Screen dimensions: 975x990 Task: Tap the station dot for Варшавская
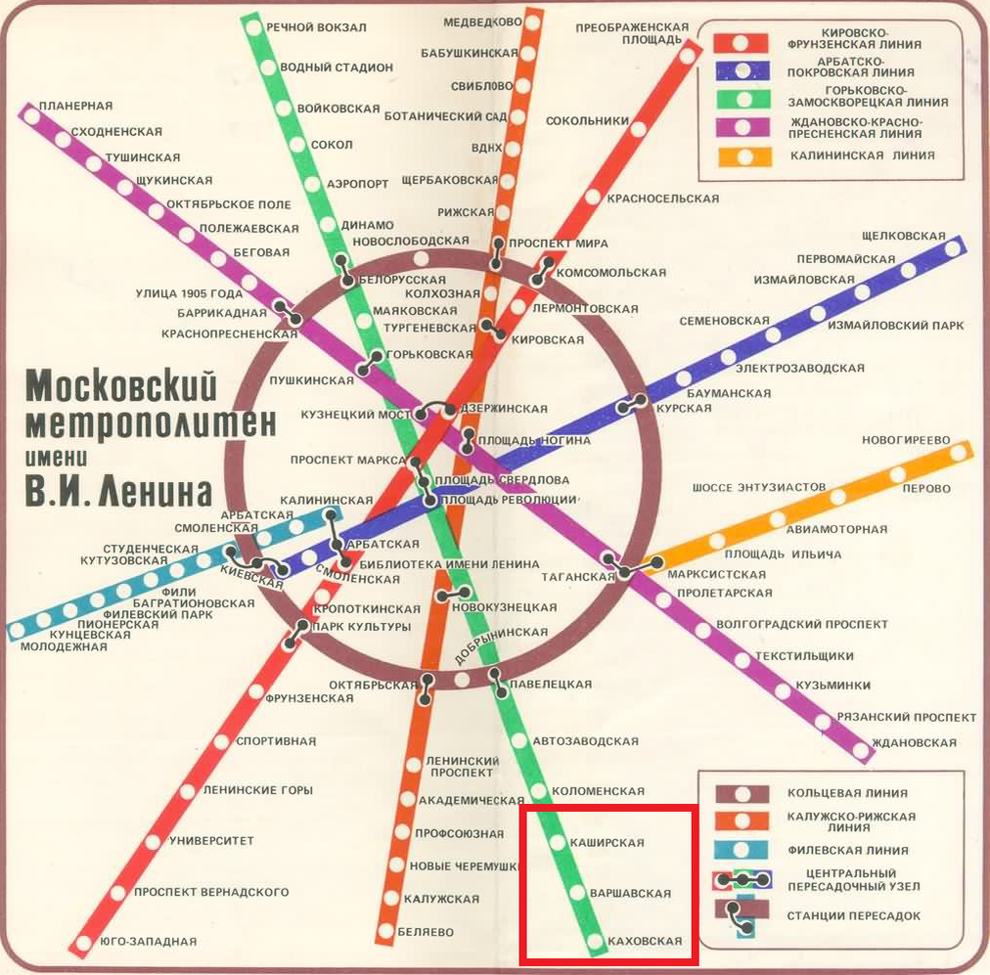point(577,892)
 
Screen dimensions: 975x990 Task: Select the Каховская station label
point(645,942)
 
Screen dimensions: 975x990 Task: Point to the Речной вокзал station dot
point(254,27)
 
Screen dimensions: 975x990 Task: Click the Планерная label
point(76,106)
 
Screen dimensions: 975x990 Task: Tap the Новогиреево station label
point(905,440)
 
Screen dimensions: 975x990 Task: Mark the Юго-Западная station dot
point(83,944)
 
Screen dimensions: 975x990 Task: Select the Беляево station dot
point(386,931)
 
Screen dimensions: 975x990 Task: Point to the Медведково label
point(482,22)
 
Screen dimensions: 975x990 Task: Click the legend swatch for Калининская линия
point(745,155)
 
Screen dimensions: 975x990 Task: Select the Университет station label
point(211,841)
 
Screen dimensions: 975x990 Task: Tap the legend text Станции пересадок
point(854,916)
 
